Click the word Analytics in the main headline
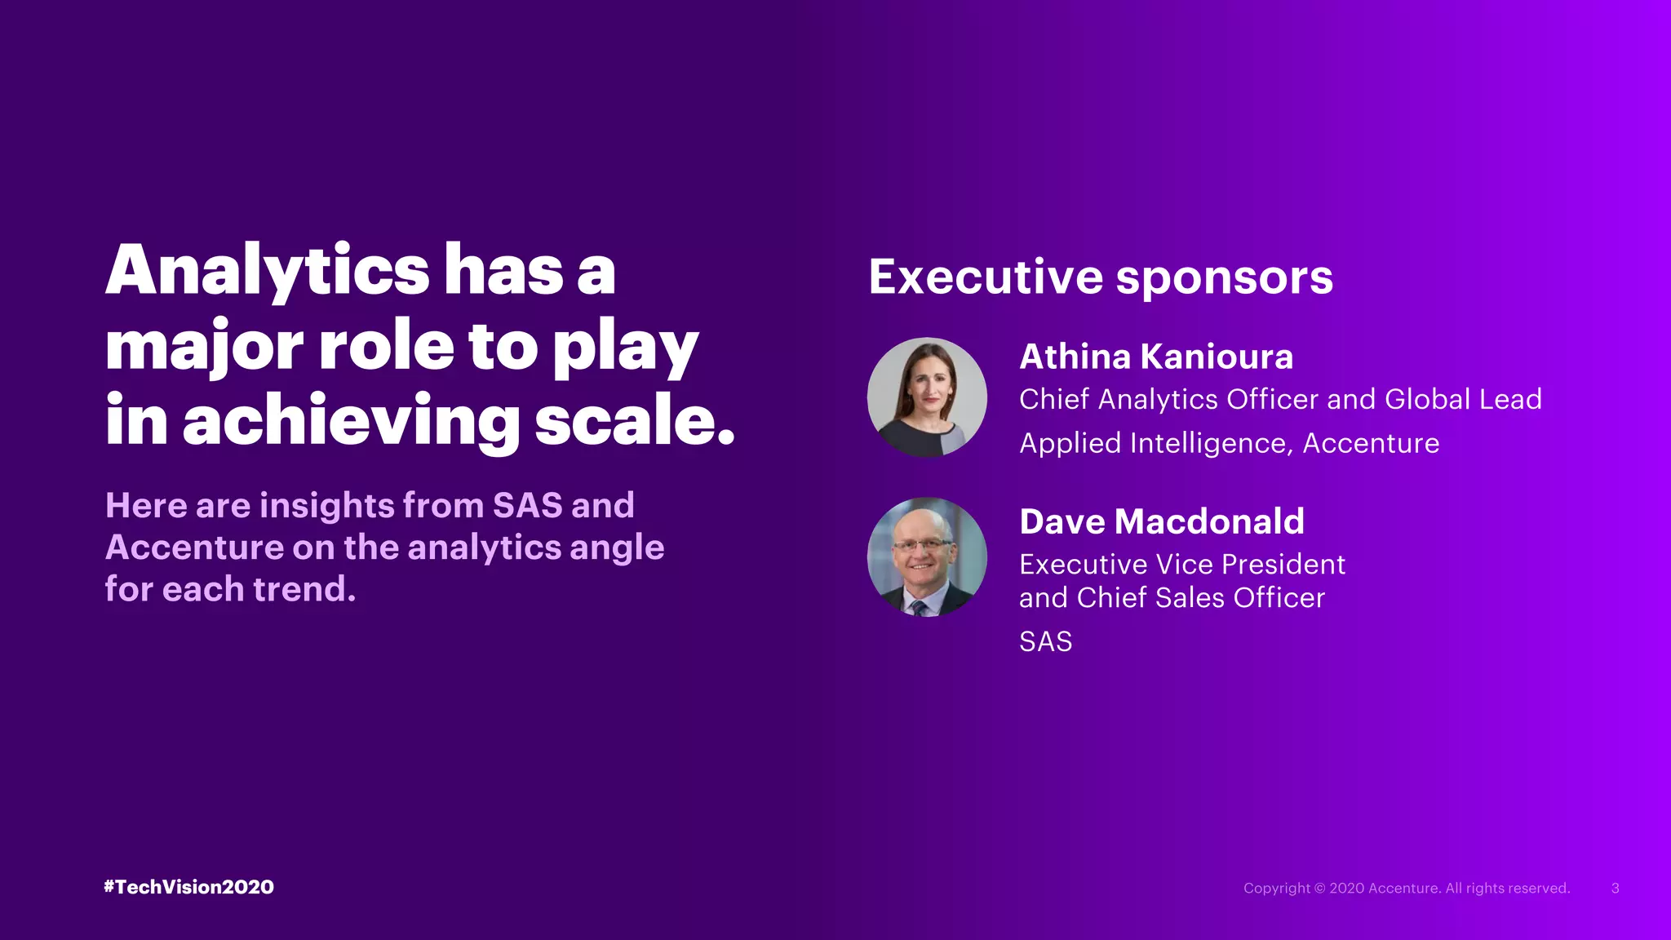(x=267, y=271)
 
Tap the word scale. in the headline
(x=635, y=420)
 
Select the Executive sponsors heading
(x=1100, y=277)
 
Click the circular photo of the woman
(x=927, y=397)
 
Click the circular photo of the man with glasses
(x=927, y=557)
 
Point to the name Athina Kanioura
(x=1156, y=357)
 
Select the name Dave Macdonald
(x=1161, y=521)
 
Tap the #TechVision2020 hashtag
(x=188, y=887)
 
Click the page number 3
(x=1615, y=888)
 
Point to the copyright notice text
(x=1406, y=888)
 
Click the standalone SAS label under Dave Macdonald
(x=1045, y=641)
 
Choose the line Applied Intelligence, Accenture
(x=1229, y=443)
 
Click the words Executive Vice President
(x=1181, y=564)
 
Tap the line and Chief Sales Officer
(x=1172, y=597)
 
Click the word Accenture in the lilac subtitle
(x=194, y=548)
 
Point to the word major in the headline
(x=205, y=347)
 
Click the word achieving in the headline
(x=351, y=420)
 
